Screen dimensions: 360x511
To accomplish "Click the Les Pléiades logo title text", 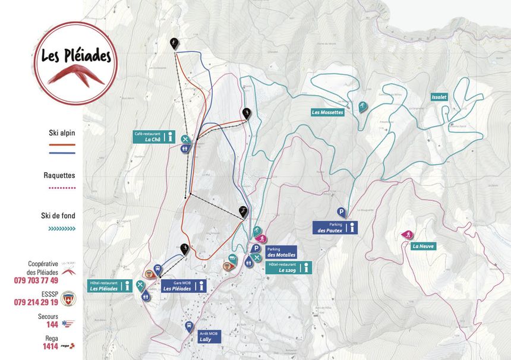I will (x=76, y=56).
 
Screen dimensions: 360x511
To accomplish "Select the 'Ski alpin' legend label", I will (x=62, y=133).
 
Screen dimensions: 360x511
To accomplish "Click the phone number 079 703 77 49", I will (x=36, y=280).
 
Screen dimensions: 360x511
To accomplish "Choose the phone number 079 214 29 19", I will (x=36, y=302).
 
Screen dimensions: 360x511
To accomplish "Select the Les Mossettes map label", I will (x=327, y=112).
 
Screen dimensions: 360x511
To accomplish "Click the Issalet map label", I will (x=439, y=97).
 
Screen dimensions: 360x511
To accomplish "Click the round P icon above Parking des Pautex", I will (x=342, y=211).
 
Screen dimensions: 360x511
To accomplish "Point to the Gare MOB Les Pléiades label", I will (x=178, y=286).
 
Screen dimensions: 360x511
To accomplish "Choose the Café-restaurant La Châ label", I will (x=149, y=137).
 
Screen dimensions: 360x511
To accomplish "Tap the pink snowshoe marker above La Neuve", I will (x=407, y=234).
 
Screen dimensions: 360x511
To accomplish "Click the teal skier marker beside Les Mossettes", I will (x=361, y=107).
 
